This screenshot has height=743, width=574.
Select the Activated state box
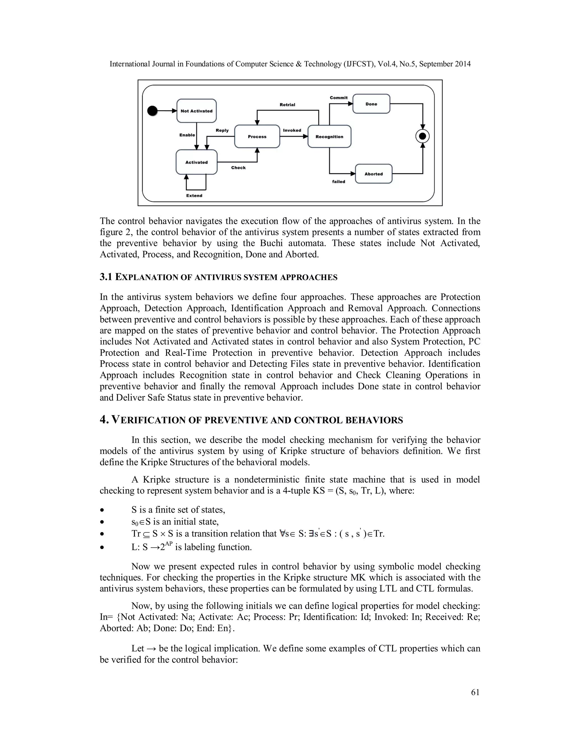point(196,162)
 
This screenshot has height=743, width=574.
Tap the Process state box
point(257,137)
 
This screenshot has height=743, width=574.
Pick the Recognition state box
point(329,137)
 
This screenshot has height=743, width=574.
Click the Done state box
point(371,104)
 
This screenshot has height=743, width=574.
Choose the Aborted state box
point(374,174)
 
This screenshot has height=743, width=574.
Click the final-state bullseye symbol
point(423,137)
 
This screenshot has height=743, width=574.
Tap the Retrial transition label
point(287,105)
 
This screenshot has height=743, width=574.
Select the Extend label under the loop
point(194,196)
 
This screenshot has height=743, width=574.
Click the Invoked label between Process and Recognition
point(292,130)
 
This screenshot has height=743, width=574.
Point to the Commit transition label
point(339,98)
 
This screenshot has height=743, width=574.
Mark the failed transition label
point(339,182)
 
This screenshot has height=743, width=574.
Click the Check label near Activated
point(239,168)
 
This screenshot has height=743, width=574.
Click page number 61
point(475,692)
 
